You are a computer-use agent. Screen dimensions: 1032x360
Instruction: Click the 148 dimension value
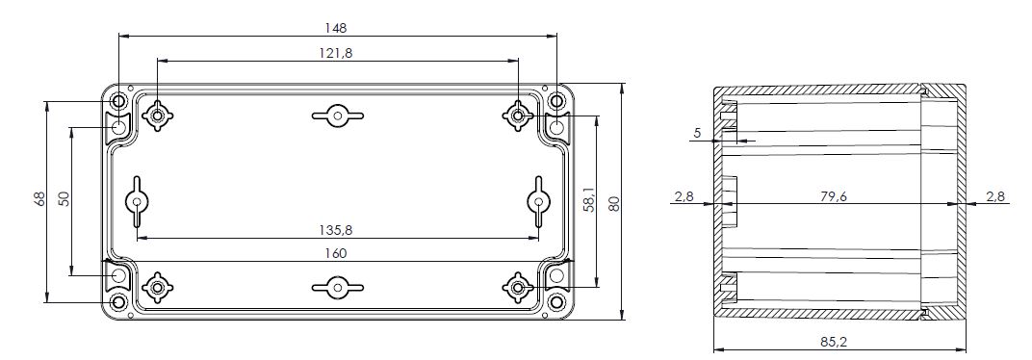[x=336, y=28]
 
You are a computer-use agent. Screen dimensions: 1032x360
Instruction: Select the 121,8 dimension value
[x=336, y=53]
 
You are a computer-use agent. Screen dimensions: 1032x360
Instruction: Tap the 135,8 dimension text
[x=335, y=230]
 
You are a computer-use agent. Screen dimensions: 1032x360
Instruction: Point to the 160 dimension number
[x=336, y=253]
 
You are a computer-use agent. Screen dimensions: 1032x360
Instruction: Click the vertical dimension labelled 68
[x=39, y=198]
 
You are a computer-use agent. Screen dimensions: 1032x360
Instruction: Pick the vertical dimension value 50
[x=64, y=198]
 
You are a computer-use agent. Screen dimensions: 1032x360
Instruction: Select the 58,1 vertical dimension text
[x=589, y=198]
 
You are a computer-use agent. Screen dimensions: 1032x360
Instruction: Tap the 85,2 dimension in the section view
[x=833, y=342]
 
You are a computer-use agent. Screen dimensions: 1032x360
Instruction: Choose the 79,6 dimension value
[x=834, y=195]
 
